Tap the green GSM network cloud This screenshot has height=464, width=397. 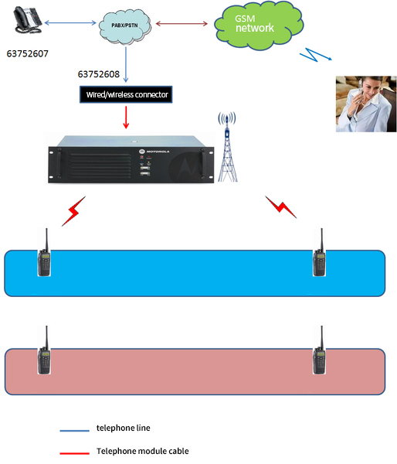pyautogui.click(x=258, y=26)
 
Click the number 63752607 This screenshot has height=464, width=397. pyautogui.click(x=28, y=53)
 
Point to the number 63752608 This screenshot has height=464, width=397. pyautogui.click(x=99, y=74)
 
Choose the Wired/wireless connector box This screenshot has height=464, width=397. pyautogui.click(x=126, y=94)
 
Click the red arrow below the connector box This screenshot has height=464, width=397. pyautogui.click(x=126, y=118)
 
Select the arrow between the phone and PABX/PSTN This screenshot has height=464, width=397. pyautogui.click(x=70, y=22)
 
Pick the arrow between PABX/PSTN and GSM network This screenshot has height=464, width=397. pyautogui.click(x=182, y=23)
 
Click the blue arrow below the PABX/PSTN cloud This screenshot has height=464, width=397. pyautogui.click(x=126, y=64)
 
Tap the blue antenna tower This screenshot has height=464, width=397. pyautogui.click(x=227, y=146)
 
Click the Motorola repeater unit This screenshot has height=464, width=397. pyautogui.click(x=131, y=159)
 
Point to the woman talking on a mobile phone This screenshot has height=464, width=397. pyautogui.click(x=366, y=104)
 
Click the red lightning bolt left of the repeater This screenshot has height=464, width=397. pyautogui.click(x=73, y=211)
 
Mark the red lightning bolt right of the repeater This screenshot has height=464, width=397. pyautogui.click(x=281, y=206)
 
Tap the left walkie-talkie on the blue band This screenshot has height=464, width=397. pyautogui.click(x=44, y=252)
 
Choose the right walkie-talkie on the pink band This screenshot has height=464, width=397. pyautogui.click(x=319, y=350)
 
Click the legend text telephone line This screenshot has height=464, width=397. pyautogui.click(x=124, y=428)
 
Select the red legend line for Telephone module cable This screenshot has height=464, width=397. pyautogui.click(x=74, y=453)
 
